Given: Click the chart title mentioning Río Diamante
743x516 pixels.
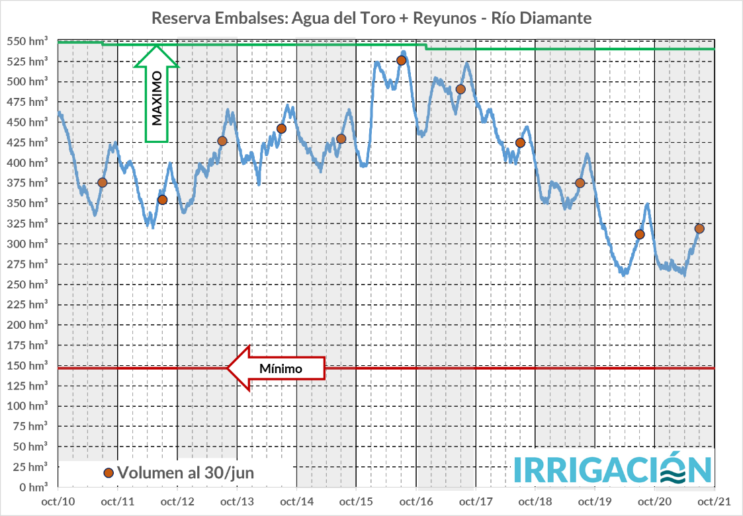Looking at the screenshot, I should (371, 18).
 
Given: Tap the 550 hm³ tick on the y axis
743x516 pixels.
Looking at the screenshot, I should (30, 41).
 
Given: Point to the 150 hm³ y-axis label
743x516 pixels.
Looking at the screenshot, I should (30, 365).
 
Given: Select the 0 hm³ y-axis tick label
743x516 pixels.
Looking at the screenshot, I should (34, 487).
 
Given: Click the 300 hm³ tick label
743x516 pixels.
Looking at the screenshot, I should (30, 243).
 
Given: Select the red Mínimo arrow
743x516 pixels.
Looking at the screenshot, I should (277, 368).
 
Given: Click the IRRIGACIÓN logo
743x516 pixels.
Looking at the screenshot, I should (613, 469).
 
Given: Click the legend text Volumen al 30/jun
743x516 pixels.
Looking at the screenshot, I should (186, 472).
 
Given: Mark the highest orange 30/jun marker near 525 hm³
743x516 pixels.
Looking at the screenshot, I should (401, 60).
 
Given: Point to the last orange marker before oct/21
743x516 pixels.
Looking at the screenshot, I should (699, 229).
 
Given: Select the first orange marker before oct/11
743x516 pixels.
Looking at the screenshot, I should (102, 183).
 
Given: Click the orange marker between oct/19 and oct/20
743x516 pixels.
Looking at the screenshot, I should (640, 234).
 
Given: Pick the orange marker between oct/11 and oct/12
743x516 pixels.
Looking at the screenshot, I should (162, 199).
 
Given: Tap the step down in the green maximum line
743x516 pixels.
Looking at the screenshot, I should (426, 47).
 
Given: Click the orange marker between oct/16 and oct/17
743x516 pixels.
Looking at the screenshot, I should (460, 89).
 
